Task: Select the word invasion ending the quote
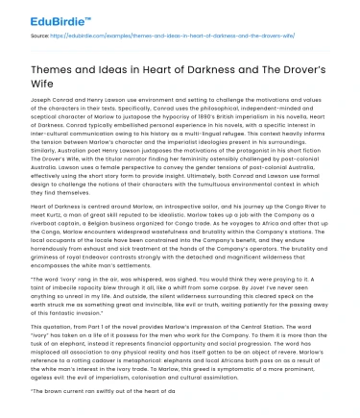tap(122, 311)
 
